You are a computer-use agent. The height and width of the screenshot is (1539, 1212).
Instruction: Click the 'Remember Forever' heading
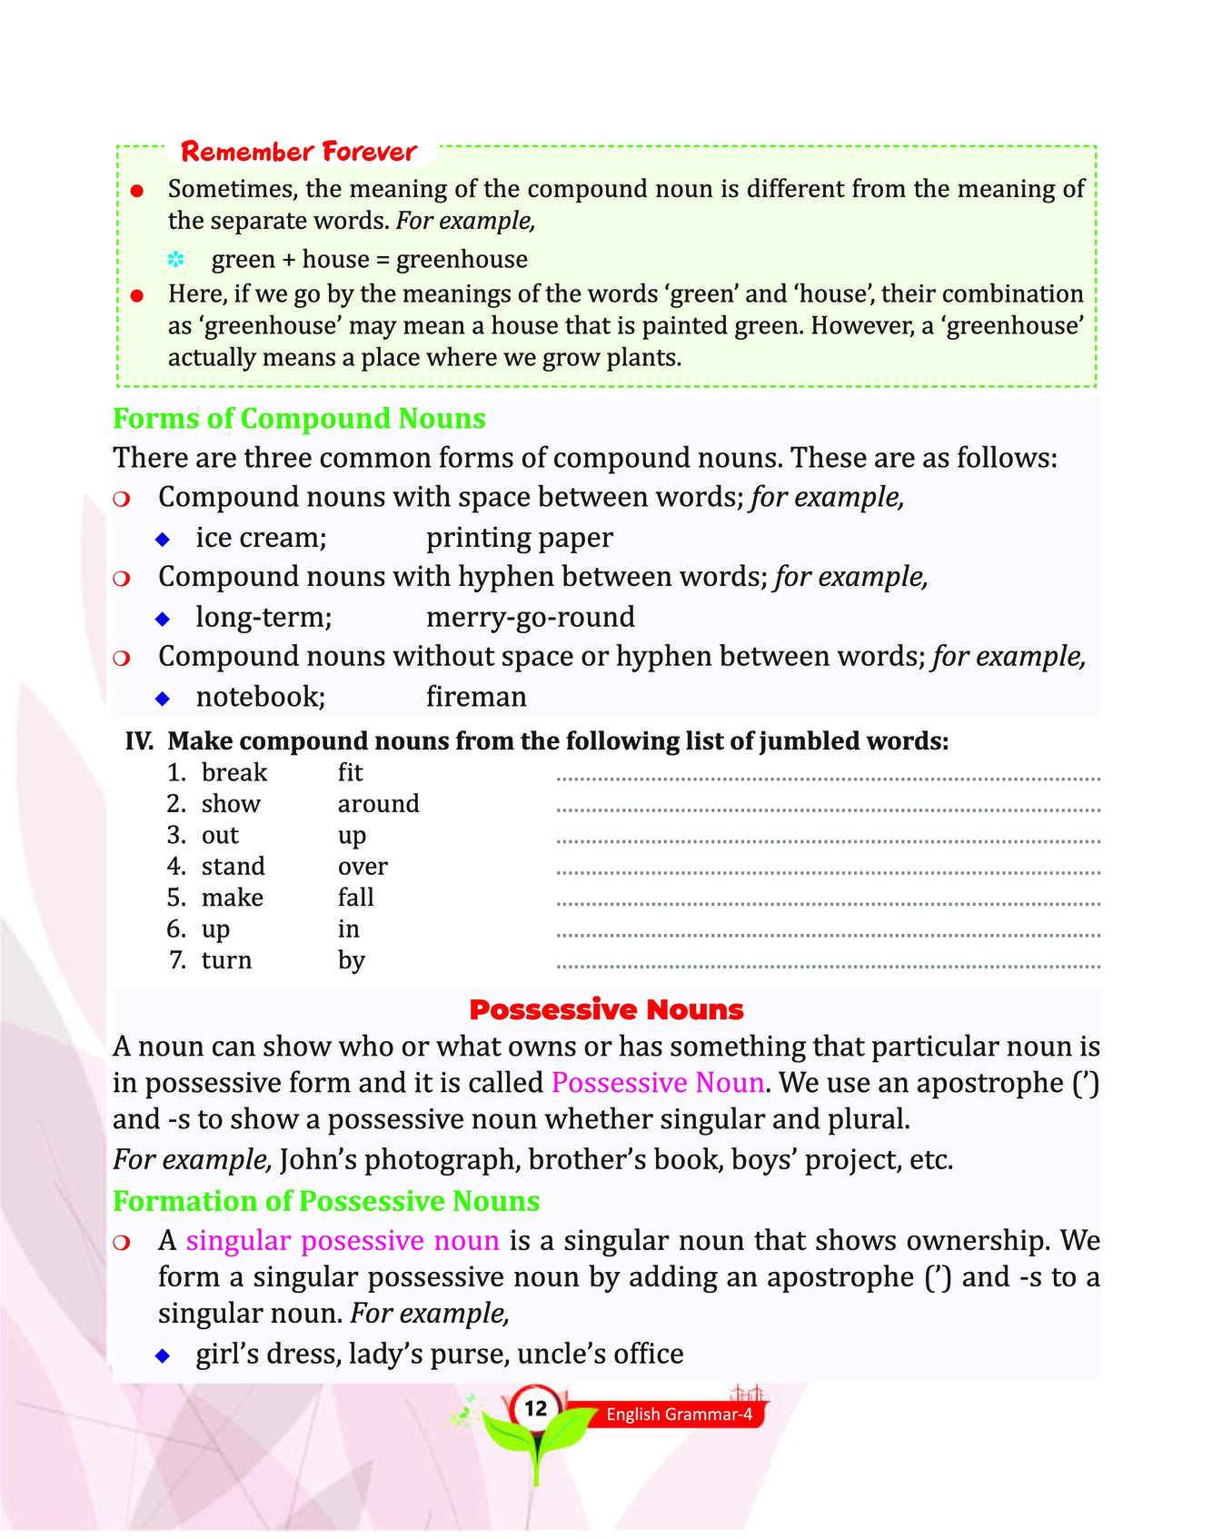tap(298, 151)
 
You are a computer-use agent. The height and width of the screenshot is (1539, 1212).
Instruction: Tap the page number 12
tap(536, 1408)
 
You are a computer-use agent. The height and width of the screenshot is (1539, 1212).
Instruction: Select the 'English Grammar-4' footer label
tap(679, 1415)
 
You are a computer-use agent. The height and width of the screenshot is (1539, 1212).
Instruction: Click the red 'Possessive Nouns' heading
tap(606, 1009)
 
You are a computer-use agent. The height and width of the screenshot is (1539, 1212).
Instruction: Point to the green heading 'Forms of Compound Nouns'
tap(299, 418)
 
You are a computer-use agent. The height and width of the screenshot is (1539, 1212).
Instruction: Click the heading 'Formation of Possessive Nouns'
tap(326, 1201)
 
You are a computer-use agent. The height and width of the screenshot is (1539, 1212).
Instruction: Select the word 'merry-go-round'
tap(531, 617)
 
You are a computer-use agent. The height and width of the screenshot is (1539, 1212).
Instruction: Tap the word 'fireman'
tap(476, 697)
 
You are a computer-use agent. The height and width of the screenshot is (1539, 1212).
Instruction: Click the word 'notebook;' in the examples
tap(261, 697)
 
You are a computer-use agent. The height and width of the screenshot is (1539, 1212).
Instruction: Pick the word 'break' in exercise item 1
tap(234, 772)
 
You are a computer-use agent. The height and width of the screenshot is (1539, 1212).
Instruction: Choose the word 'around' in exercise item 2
tap(379, 804)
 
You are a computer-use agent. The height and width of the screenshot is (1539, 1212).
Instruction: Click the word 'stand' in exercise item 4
tap(233, 867)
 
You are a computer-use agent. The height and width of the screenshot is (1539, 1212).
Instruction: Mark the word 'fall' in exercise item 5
tap(356, 898)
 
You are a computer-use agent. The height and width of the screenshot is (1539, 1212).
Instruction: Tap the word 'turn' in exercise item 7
tap(226, 960)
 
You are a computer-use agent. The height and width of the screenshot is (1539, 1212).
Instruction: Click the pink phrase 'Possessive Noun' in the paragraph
tap(658, 1083)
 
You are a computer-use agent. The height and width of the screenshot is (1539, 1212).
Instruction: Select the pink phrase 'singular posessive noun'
tap(343, 1241)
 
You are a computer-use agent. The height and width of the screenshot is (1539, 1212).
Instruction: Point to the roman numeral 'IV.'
tap(139, 741)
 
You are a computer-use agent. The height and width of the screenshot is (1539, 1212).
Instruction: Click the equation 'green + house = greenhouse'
tap(369, 260)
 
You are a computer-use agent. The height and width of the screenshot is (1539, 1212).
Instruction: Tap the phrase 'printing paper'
tap(520, 538)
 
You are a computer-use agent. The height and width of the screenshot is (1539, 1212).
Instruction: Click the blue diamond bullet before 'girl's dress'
tap(163, 1355)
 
